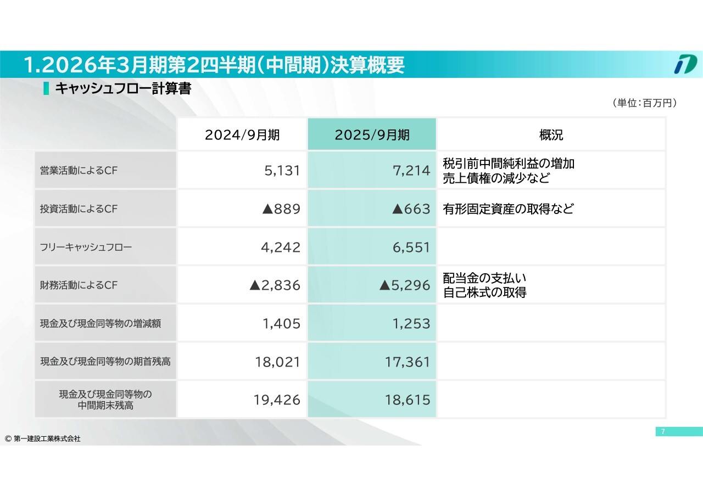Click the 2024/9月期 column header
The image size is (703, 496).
pyautogui.click(x=242, y=135)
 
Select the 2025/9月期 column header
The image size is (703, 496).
pyautogui.click(x=372, y=135)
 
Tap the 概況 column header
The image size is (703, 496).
pyautogui.click(x=551, y=135)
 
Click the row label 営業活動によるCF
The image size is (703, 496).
pyautogui.click(x=79, y=171)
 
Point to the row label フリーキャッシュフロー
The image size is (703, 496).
pyautogui.click(x=86, y=247)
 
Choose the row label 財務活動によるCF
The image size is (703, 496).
pyautogui.click(x=79, y=285)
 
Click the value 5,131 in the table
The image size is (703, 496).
pyautogui.click(x=282, y=171)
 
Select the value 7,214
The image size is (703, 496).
pyautogui.click(x=411, y=171)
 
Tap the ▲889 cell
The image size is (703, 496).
pyautogui.click(x=282, y=209)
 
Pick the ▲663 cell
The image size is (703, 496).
pyautogui.click(x=411, y=209)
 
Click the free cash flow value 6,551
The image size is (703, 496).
pyautogui.click(x=411, y=247)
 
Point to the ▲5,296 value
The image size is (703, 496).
pyautogui.click(x=405, y=285)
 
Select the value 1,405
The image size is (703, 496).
pyautogui.click(x=282, y=324)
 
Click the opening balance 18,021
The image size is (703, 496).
pyautogui.click(x=277, y=362)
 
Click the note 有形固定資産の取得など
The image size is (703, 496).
pyautogui.click(x=508, y=209)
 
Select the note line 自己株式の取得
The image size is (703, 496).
pyautogui.click(x=484, y=293)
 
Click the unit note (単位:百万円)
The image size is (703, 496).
pyautogui.click(x=643, y=103)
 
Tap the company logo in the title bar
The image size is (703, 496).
pyautogui.click(x=685, y=64)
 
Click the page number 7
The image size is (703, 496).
pyautogui.click(x=663, y=432)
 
